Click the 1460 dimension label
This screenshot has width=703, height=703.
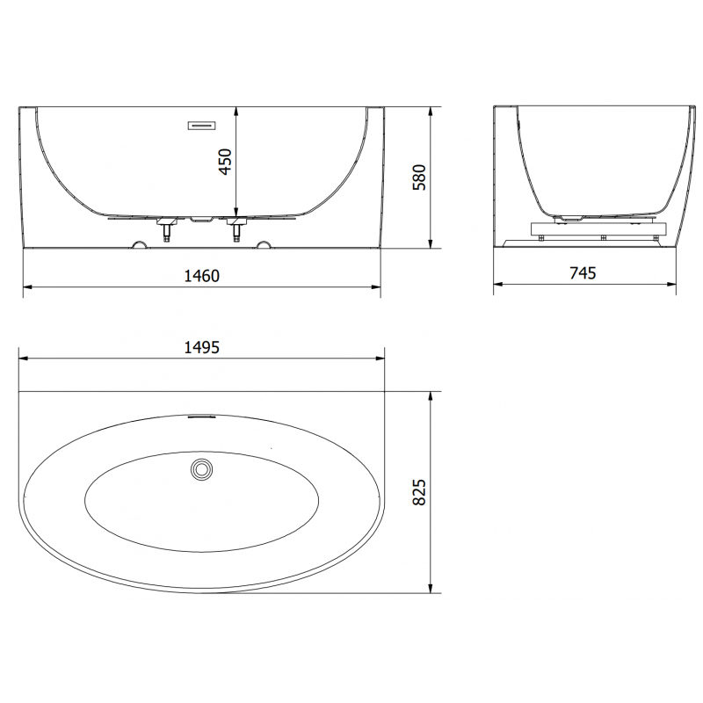202,276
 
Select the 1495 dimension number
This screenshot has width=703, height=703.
202,347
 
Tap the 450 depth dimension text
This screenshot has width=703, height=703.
225,162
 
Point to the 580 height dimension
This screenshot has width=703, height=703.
419,178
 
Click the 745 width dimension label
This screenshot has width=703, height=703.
583,272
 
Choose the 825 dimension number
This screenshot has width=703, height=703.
419,492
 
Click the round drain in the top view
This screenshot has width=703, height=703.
202,469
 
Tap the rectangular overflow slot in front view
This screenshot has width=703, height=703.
202,126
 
